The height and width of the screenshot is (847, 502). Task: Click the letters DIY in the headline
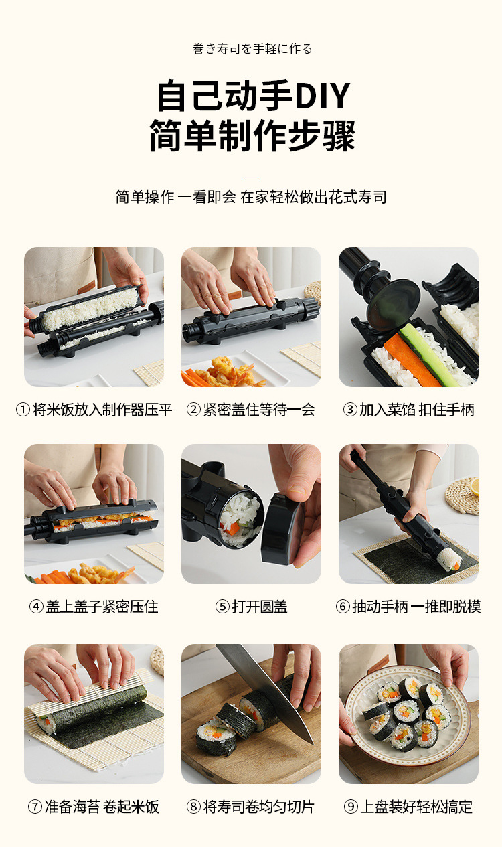click(x=322, y=95)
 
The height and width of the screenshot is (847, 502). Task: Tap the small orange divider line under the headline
click(x=252, y=177)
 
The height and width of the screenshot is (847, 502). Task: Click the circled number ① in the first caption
click(x=23, y=410)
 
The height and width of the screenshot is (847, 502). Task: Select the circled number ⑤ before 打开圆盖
click(x=222, y=607)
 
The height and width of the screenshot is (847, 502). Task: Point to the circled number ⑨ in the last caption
click(x=351, y=807)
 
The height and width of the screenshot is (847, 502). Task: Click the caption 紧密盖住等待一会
click(x=259, y=410)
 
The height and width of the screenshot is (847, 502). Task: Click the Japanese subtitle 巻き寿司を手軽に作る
click(x=252, y=48)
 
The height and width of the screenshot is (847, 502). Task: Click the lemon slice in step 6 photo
click(x=474, y=487)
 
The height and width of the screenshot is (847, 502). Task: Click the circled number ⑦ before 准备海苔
click(x=35, y=807)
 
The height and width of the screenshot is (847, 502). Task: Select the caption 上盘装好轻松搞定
click(x=416, y=807)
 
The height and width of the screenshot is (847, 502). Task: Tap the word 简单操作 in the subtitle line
click(x=145, y=197)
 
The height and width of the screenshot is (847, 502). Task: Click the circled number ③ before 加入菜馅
click(x=350, y=410)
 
